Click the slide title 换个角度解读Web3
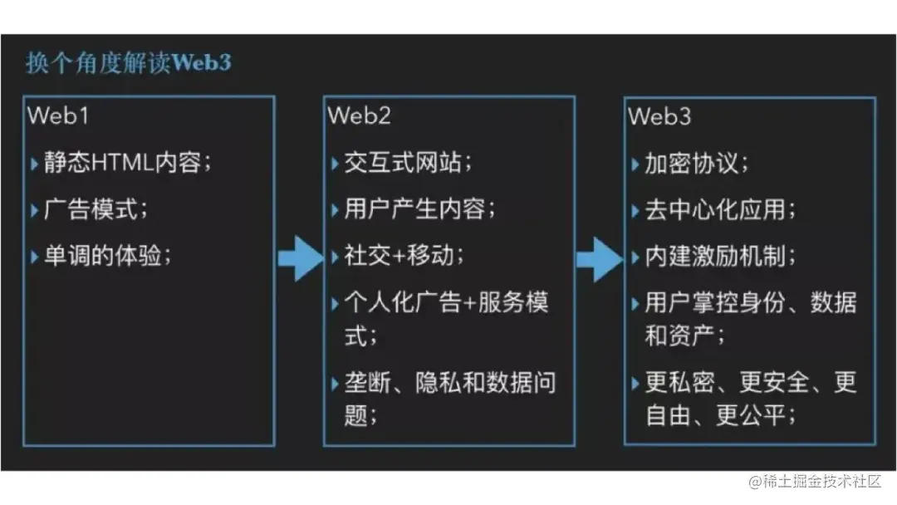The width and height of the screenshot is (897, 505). tap(128, 63)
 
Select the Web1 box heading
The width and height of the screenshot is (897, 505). tap(58, 115)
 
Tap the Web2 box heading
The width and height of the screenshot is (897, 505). tap(359, 115)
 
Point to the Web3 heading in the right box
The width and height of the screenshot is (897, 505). tap(659, 115)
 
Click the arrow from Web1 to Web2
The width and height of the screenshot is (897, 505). tap(299, 258)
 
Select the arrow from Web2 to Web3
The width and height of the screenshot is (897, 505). tap(599, 258)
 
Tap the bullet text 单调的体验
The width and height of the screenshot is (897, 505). tap(106, 256)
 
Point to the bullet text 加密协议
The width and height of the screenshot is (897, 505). tap(696, 163)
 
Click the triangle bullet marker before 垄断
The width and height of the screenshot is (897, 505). tap(335, 384)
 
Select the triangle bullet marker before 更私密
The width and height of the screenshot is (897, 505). tap(635, 384)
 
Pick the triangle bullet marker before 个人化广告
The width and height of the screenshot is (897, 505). tap(335, 303)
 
